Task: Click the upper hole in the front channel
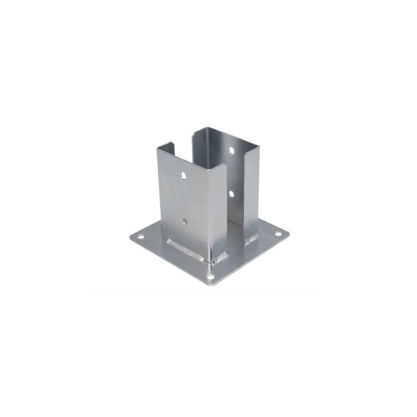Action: (x=183, y=176)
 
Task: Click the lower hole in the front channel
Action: (x=185, y=222)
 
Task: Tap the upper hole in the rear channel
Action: (x=231, y=150)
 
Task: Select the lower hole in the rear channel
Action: (x=230, y=194)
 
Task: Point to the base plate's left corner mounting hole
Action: (x=140, y=237)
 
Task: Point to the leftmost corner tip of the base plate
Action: (x=130, y=237)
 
